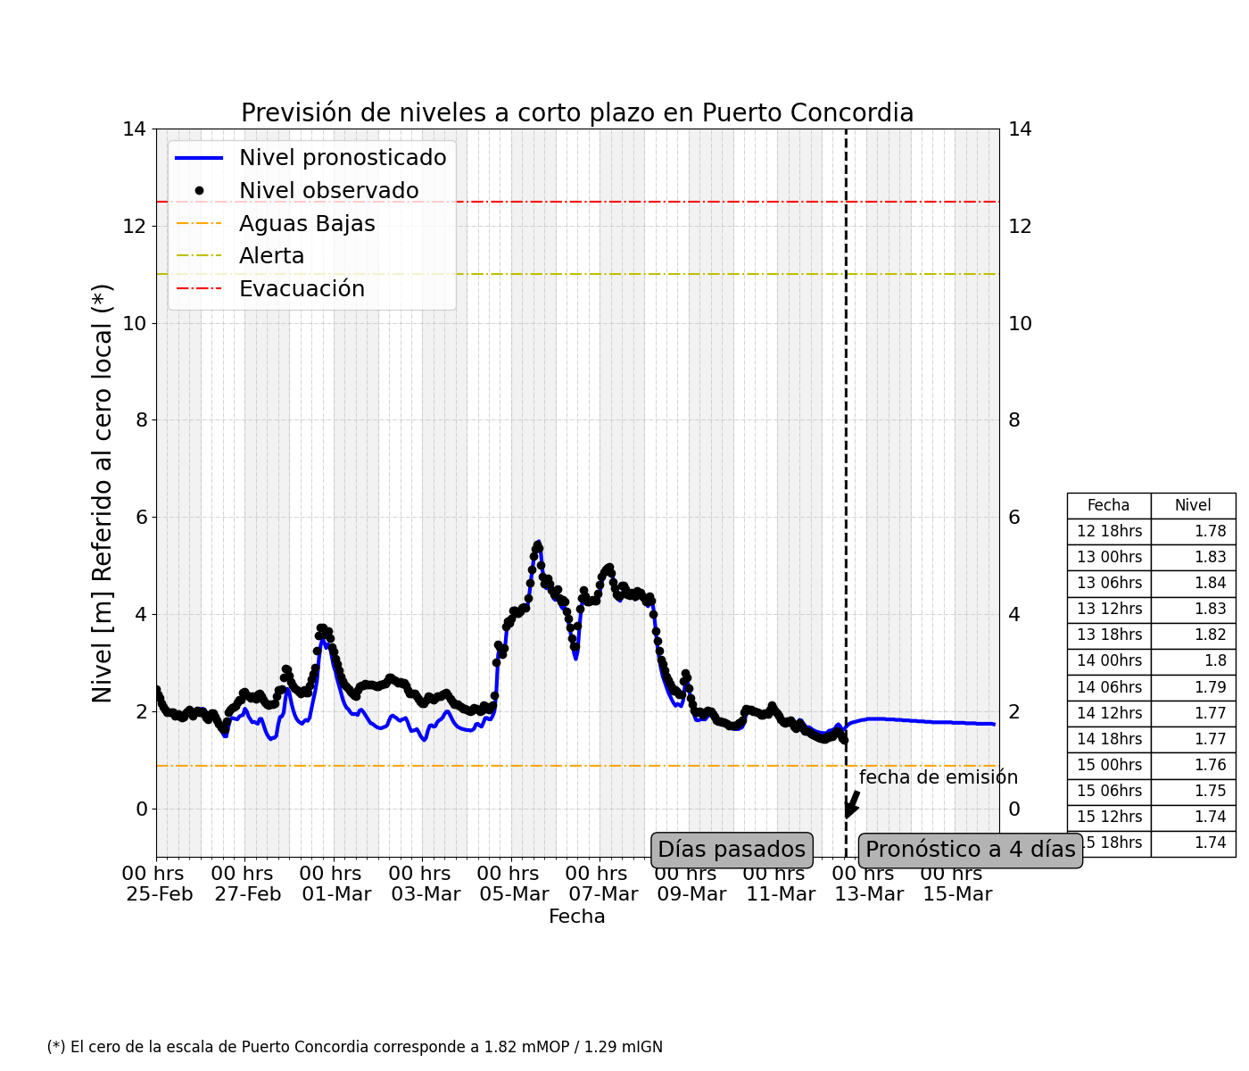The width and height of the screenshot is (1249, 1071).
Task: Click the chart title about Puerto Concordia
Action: pyautogui.click(x=577, y=113)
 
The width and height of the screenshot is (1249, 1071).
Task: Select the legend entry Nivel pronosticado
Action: pyautogui.click(x=342, y=158)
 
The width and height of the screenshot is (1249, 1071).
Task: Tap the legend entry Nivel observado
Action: pyautogui.click(x=328, y=191)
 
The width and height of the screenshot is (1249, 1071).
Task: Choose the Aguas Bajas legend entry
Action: pyautogui.click(x=307, y=224)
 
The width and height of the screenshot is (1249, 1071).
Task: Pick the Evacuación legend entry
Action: pyautogui.click(x=302, y=289)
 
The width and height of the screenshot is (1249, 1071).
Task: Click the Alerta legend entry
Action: pyautogui.click(x=271, y=257)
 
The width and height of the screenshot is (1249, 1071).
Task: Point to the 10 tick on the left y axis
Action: pyautogui.click(x=135, y=323)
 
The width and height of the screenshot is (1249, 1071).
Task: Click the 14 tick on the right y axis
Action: pyautogui.click(x=1020, y=129)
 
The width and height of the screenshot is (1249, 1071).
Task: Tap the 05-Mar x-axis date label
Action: pyautogui.click(x=513, y=894)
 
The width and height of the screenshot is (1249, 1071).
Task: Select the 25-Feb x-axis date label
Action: pyautogui.click(x=160, y=894)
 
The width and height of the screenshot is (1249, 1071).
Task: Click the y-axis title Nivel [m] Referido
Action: pyautogui.click(x=103, y=493)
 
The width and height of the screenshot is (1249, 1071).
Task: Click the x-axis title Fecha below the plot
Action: pyautogui.click(x=577, y=917)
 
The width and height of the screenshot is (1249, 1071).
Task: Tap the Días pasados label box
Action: pyautogui.click(x=732, y=850)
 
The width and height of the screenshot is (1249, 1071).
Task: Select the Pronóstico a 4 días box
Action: pyautogui.click(x=971, y=850)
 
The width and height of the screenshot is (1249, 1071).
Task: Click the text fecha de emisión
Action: pyautogui.click(x=939, y=777)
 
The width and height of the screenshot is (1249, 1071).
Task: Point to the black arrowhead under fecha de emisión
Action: pyautogui.click(x=849, y=811)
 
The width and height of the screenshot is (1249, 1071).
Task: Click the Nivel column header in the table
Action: pyautogui.click(x=1193, y=505)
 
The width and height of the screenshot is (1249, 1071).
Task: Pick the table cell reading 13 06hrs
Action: pyautogui.click(x=1109, y=583)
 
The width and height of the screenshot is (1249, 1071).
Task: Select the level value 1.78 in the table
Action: pyautogui.click(x=1211, y=531)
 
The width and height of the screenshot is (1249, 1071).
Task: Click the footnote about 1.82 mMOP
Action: pyautogui.click(x=355, y=1047)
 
